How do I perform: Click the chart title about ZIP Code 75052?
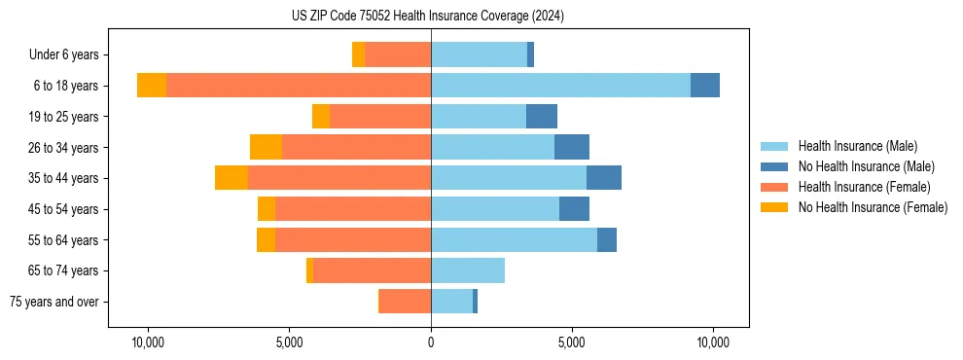tap(427, 17)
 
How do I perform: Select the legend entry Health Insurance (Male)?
tap(857, 146)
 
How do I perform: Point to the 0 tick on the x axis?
tap(431, 343)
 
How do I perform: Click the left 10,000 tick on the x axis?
tap(148, 343)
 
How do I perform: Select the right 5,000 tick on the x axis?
tap(572, 343)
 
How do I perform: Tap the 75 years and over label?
tap(53, 302)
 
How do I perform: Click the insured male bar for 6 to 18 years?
tap(560, 86)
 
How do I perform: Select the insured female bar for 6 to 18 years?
tap(299, 86)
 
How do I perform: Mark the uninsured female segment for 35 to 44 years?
tap(232, 178)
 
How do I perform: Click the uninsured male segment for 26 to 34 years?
tap(572, 147)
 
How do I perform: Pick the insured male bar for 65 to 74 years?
tap(468, 270)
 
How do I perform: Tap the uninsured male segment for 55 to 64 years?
tap(607, 239)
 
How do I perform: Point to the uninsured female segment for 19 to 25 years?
tap(321, 117)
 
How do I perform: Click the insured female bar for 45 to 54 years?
tap(353, 209)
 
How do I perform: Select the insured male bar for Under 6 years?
tap(479, 55)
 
